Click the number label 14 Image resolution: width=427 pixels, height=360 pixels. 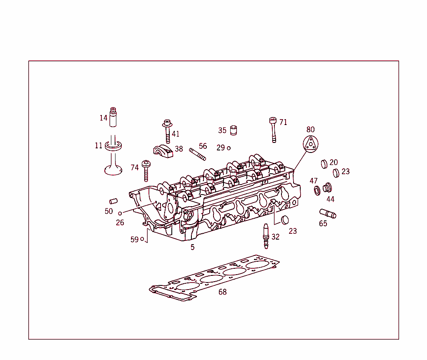tap(103, 118)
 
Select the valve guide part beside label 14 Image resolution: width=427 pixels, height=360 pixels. tap(113, 117)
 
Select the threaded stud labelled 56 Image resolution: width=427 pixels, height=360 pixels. tap(197, 154)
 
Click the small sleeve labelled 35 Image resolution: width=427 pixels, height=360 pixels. tap(234, 130)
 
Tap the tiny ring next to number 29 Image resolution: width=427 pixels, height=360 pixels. tap(229, 148)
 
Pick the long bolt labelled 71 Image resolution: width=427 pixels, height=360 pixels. tap(273, 130)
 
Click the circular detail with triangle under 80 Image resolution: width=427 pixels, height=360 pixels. tap(311, 144)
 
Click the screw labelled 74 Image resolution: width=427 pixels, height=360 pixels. tap(146, 170)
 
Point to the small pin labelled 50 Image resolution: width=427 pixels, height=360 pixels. tap(113, 201)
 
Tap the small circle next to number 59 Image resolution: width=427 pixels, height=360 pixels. tap(142, 239)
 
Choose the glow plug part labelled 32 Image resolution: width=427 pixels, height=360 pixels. tap(265, 236)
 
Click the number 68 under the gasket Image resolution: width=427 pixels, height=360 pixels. tap(223, 292)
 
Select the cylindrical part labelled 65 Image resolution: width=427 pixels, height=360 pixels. tap(328, 214)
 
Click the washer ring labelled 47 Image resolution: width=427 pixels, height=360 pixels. tap(317, 190)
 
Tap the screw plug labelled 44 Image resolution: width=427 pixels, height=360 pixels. tap(327, 188)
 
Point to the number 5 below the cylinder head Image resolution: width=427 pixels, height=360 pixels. tap(192, 247)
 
